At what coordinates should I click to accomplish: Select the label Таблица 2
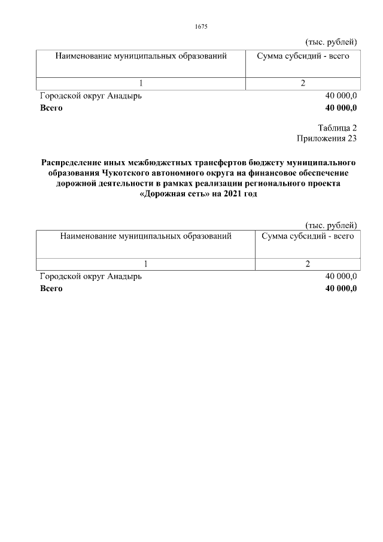[338, 128]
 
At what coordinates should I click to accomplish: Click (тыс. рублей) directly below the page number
[331, 41]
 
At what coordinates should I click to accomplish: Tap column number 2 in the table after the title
[308, 264]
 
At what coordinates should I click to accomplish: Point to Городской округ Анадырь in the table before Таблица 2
[91, 96]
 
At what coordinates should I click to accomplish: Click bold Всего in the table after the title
[51, 288]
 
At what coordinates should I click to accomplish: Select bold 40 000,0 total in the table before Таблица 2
[341, 108]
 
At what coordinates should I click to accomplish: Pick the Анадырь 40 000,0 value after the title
[341, 276]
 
